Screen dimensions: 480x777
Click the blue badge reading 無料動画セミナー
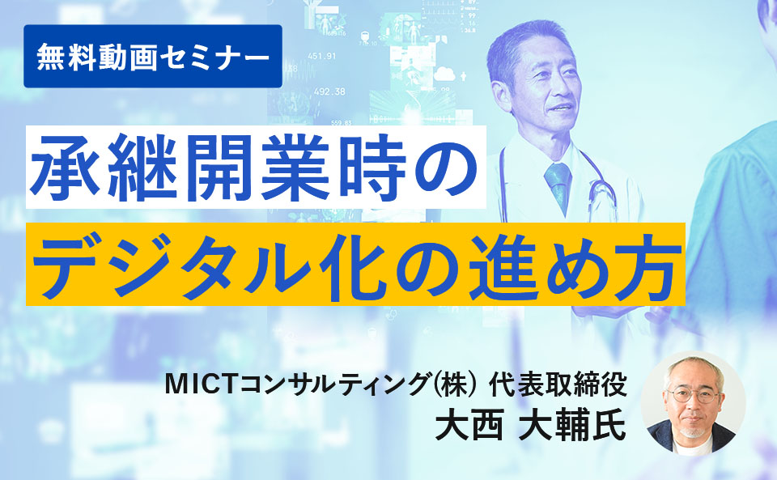point(153,56)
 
